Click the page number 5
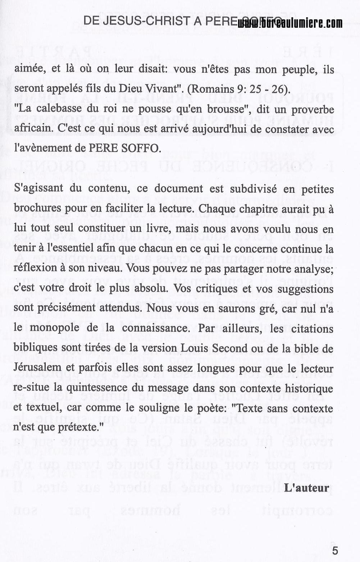pos(335,550)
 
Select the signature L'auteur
pos(306,488)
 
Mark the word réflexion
pos(33,268)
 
